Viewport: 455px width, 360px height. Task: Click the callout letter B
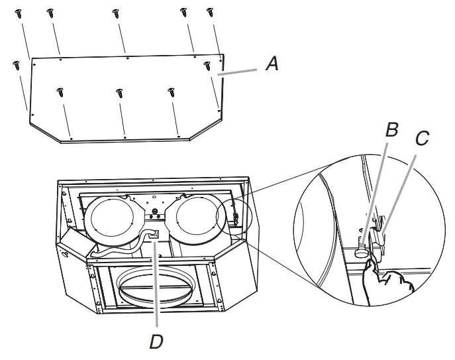pos(392,130)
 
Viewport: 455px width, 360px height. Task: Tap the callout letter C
pos(422,139)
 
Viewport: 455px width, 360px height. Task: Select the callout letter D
pos(156,341)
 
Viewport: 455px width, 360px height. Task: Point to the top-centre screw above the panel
pos(116,13)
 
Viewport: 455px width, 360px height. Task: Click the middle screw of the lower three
pos(119,92)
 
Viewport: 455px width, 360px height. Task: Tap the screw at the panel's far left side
pos(17,64)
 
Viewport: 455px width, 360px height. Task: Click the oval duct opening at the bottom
pos(155,288)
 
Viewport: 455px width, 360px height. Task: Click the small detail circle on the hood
pos(234,215)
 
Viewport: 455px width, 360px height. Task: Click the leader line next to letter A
pos(242,71)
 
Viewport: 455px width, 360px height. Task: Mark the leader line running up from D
pos(154,285)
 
